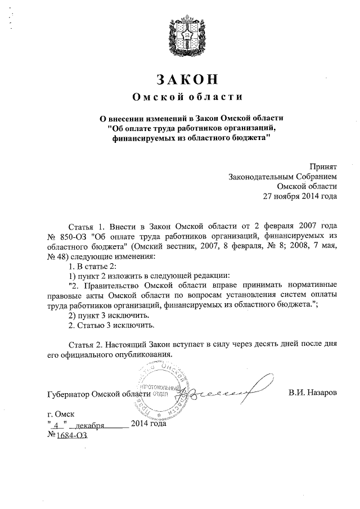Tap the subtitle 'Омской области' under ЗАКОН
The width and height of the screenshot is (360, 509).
187,97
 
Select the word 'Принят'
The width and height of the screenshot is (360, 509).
323,166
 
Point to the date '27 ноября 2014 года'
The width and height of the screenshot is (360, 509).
300,196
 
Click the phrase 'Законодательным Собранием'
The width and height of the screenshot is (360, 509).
282,176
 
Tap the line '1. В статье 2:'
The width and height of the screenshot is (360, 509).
92,266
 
